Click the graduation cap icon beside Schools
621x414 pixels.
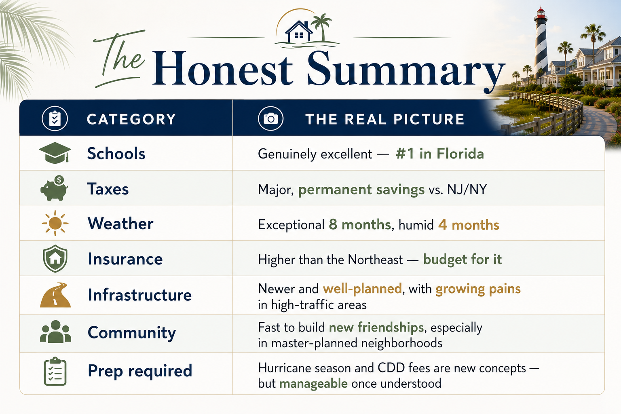point(55,153)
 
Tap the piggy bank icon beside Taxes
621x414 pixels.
point(54,188)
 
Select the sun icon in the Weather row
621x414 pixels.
point(55,223)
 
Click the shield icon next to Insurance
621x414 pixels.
point(55,258)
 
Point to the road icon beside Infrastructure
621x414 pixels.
point(55,295)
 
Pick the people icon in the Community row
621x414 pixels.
point(55,332)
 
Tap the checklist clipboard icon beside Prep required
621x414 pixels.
point(55,371)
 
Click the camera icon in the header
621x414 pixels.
point(270,119)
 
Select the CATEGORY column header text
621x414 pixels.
point(131,119)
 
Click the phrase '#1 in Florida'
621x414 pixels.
point(440,154)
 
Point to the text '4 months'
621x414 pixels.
point(469,225)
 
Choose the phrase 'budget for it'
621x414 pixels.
point(462,260)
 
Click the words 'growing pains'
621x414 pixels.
point(478,289)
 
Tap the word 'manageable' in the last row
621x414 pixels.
point(313,384)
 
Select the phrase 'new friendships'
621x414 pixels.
point(376,327)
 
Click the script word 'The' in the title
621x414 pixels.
point(119,58)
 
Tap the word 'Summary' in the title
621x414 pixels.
point(406,69)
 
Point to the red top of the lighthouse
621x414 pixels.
point(540,14)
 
